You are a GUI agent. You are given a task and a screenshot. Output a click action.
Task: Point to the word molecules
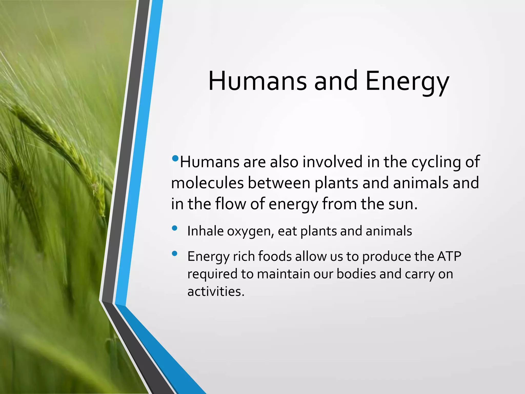207,183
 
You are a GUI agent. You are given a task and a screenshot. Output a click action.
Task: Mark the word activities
216,291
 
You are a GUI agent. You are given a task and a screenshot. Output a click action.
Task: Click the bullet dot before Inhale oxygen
175,228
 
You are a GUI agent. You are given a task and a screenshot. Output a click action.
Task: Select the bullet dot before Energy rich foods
175,253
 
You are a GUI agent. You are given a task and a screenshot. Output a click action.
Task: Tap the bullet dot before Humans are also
175,158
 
